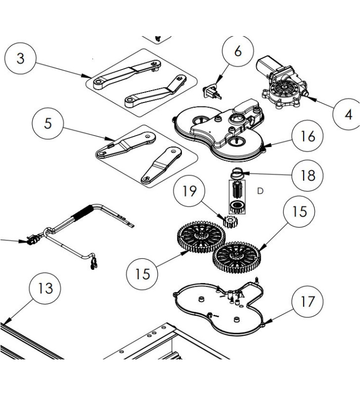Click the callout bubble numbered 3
(20, 58)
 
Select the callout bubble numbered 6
(238, 52)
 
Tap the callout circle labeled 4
(348, 114)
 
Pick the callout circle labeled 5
(47, 123)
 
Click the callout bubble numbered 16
(308, 136)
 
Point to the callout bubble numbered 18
(308, 175)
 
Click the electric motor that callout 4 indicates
(280, 84)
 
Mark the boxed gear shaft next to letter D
(236, 197)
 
